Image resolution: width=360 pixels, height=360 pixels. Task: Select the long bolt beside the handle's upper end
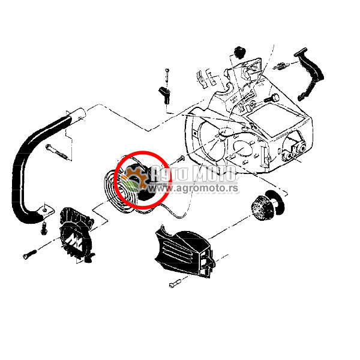point(57,151)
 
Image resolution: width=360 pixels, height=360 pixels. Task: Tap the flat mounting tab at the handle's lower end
point(47,211)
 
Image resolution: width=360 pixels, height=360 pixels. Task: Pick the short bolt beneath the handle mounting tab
point(44,229)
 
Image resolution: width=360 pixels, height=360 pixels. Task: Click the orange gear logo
point(135,179)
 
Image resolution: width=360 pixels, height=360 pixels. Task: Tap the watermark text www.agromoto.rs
point(193,188)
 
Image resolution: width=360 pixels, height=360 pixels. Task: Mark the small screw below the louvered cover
point(175,283)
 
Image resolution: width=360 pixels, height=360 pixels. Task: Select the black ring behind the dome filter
point(277,202)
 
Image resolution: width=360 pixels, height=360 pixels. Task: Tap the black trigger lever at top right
point(310,73)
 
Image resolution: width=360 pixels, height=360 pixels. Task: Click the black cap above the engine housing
point(239,52)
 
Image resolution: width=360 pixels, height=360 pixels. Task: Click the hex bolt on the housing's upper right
point(272,98)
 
